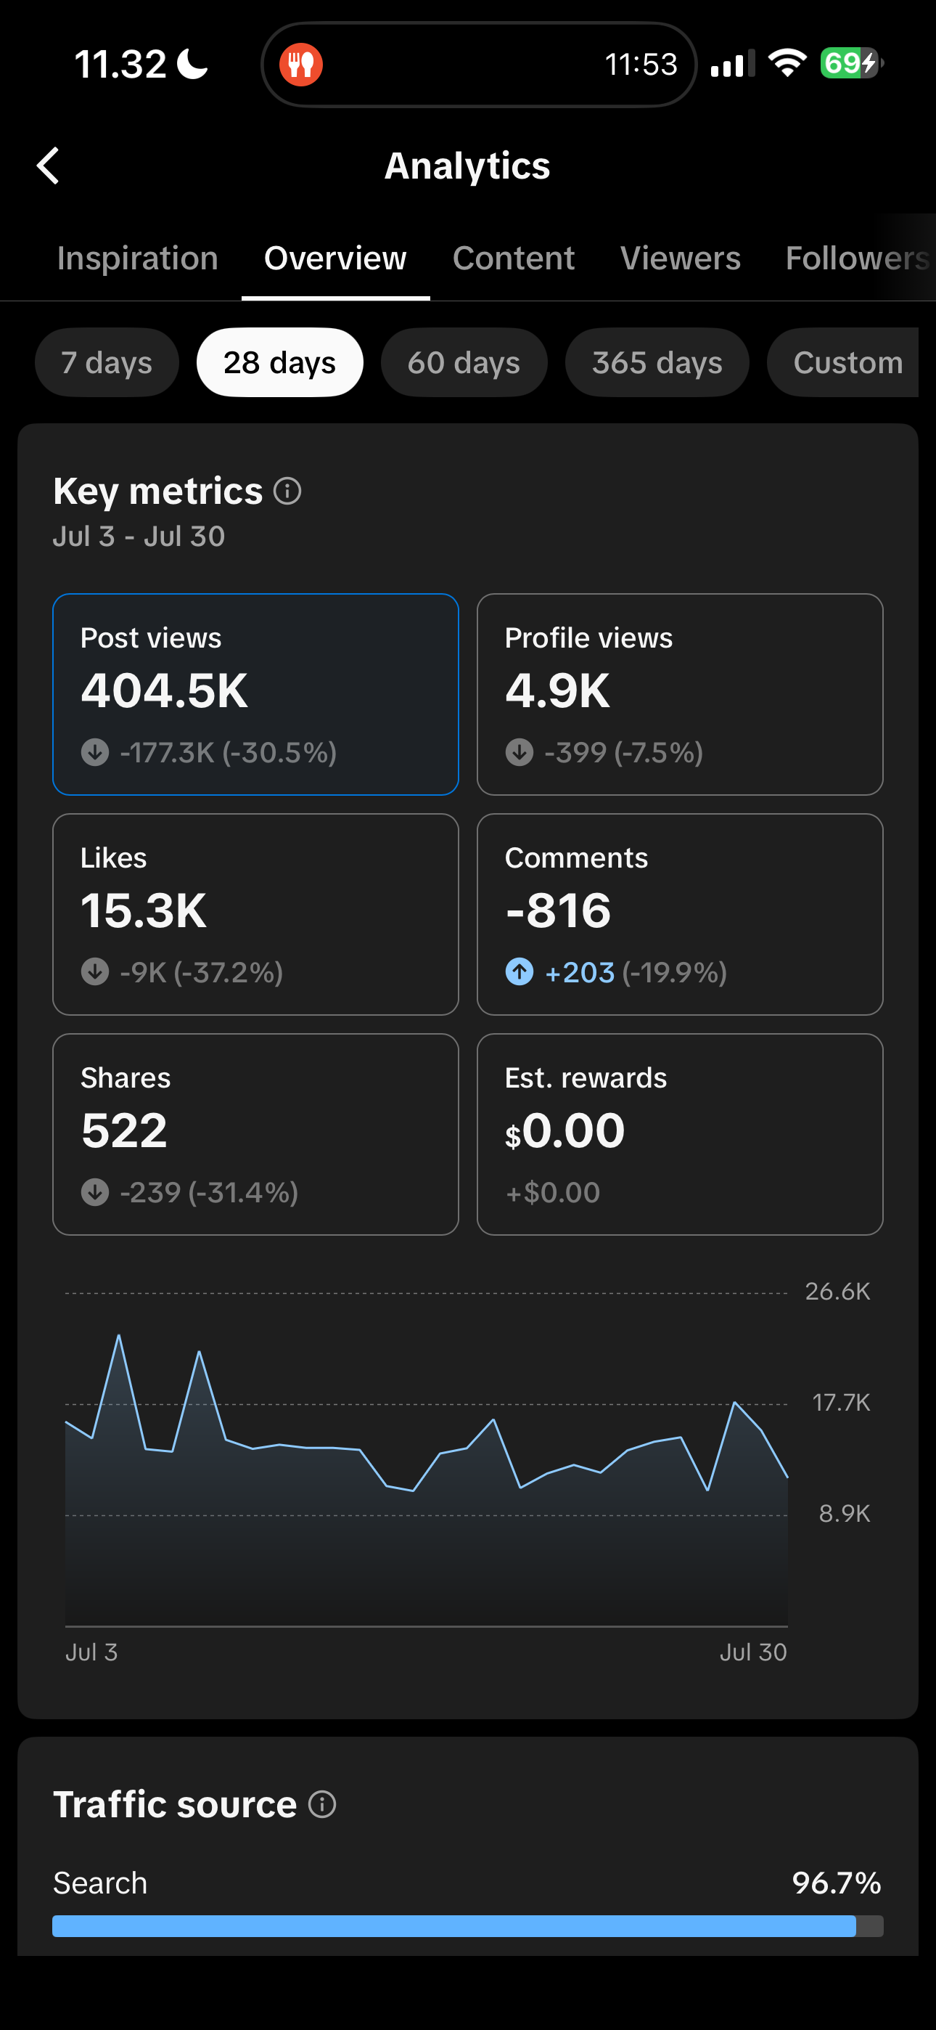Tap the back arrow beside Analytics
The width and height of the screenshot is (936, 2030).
click(x=48, y=166)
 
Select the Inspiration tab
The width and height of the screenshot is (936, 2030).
click(x=138, y=258)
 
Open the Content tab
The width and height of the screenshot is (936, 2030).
click(x=514, y=258)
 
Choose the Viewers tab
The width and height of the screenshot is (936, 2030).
click(x=681, y=258)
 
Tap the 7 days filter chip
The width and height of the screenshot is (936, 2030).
click(x=107, y=362)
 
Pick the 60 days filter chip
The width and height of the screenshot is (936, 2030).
click(x=464, y=362)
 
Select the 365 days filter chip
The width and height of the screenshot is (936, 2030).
click(x=657, y=362)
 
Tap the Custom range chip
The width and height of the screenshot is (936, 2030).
click(x=844, y=362)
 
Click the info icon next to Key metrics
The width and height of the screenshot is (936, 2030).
click(x=287, y=491)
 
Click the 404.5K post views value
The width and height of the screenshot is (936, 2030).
click(x=165, y=690)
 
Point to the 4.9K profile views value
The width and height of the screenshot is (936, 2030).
click(x=558, y=690)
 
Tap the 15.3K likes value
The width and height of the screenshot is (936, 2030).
click(x=144, y=910)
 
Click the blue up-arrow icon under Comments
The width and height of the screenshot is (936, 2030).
click(x=520, y=971)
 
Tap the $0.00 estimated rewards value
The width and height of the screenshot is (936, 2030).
click(x=565, y=1131)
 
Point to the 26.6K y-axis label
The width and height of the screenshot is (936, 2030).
click(x=837, y=1292)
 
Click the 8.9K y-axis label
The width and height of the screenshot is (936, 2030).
click(x=845, y=1514)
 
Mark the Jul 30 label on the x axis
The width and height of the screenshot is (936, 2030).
click(x=753, y=1652)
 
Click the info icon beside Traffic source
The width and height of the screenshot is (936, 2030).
click(x=322, y=1805)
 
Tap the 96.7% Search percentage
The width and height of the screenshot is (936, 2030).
click(x=837, y=1883)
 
